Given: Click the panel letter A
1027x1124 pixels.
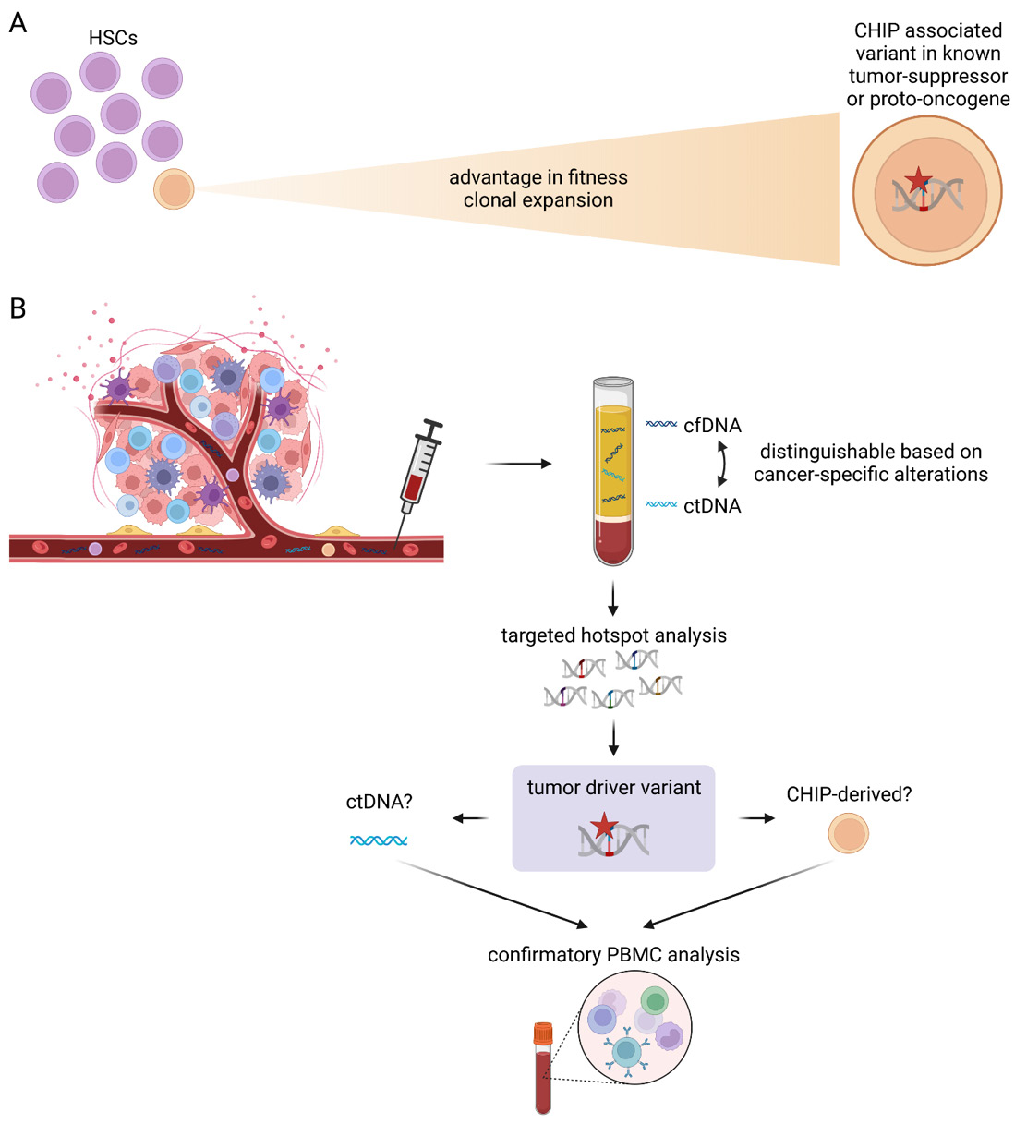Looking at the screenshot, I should click(18, 22).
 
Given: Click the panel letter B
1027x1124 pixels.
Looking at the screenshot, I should click(18, 308).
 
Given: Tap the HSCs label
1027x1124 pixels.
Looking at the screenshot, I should click(113, 38).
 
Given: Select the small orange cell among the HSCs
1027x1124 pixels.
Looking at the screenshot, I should click(174, 189).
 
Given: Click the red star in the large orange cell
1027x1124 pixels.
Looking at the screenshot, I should click(917, 180).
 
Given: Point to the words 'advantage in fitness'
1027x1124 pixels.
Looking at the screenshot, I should click(538, 177).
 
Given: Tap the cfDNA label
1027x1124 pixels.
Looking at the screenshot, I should click(712, 426).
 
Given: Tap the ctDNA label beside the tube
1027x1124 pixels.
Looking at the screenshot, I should click(712, 506).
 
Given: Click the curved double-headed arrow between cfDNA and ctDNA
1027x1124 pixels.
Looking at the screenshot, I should click(723, 464).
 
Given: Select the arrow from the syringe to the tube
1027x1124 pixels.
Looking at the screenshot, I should click(518, 463).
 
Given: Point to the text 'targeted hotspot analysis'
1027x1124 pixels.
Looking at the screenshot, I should click(613, 635).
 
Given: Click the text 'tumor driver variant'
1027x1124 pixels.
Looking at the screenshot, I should click(613, 788).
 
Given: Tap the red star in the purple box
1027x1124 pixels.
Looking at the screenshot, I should click(603, 825).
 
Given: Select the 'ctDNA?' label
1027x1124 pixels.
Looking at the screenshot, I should click(379, 802).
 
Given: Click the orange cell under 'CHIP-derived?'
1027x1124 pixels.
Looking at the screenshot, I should click(848, 833).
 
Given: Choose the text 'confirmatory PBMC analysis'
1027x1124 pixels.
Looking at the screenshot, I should click(613, 955).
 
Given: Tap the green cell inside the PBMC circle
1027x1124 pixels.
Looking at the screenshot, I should click(654, 1001).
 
